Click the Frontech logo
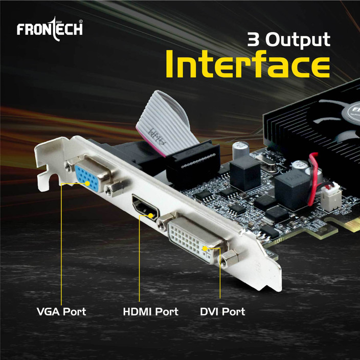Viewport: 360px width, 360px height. (x=50, y=29)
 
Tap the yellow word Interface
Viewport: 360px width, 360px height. (x=247, y=64)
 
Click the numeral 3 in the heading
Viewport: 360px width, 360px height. (x=254, y=39)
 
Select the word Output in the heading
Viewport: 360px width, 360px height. (x=298, y=40)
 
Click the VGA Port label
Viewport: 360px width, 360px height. (x=61, y=311)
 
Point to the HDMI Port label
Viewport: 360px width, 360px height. (x=151, y=311)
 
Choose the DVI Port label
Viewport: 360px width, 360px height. (x=222, y=311)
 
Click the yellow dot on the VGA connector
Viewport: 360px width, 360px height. (x=87, y=184)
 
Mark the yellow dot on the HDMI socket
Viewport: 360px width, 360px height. (x=151, y=216)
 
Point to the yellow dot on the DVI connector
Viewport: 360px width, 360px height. (x=205, y=248)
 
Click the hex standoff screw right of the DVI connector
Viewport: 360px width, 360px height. (x=230, y=258)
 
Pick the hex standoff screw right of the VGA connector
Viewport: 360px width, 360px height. (x=114, y=188)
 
